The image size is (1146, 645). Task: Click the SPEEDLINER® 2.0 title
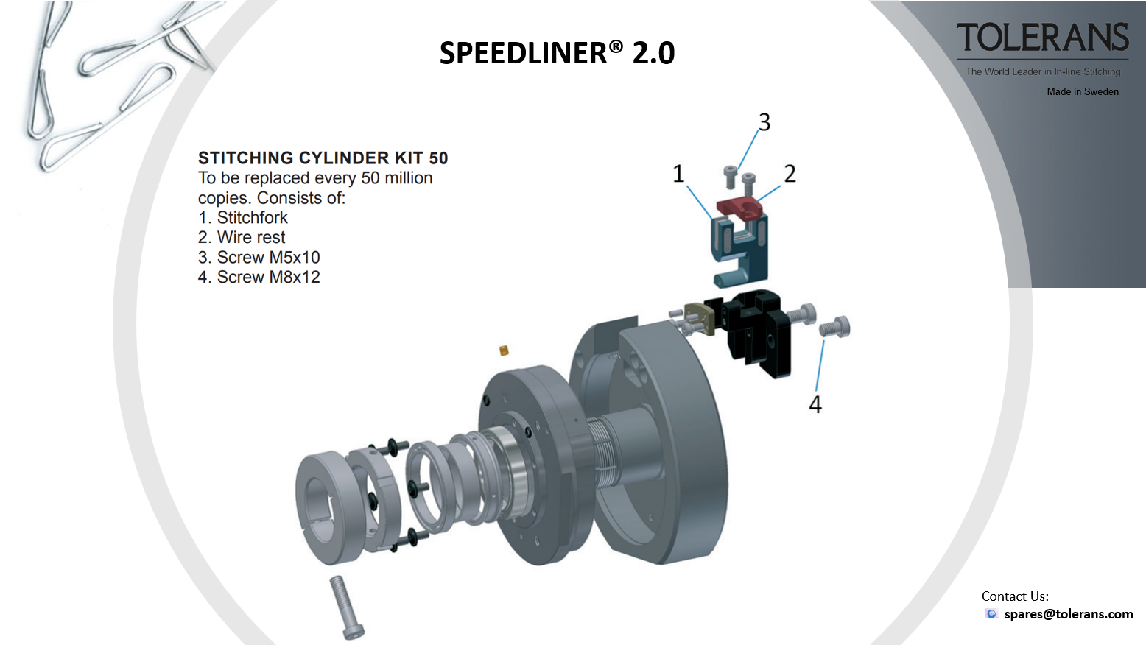[x=557, y=53]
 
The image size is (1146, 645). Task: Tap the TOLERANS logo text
[x=1042, y=38]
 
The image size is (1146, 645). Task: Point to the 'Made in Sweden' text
[x=1083, y=91]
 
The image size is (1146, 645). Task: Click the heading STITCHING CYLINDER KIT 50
[x=323, y=158]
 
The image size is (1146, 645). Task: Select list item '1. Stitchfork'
[x=243, y=218]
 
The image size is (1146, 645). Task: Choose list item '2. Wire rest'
[x=242, y=238]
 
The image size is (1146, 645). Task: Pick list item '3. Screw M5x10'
[x=259, y=258]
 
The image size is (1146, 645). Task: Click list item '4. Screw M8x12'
[x=259, y=278]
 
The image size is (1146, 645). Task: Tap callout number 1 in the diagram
[x=678, y=174]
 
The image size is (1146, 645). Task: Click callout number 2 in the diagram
[x=790, y=174]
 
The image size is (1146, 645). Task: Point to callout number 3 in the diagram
[x=764, y=122]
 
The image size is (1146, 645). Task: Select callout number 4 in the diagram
[x=815, y=404]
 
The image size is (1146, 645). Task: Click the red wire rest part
[x=739, y=207]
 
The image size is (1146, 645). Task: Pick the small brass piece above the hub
[x=504, y=350]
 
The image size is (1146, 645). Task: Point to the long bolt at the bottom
[x=345, y=606]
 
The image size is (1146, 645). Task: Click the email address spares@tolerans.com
[x=1068, y=614]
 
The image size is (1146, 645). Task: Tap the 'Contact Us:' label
[x=1015, y=596]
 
